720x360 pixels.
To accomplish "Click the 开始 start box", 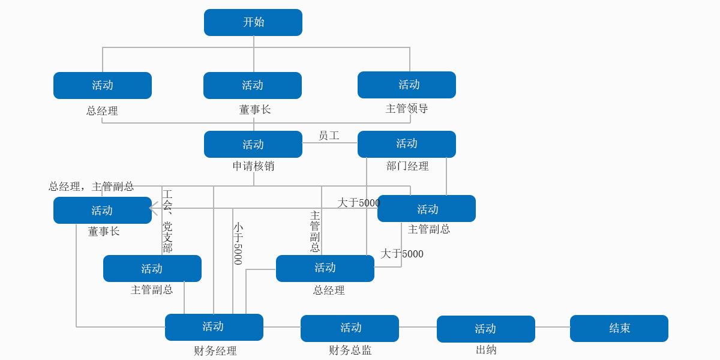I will (x=253, y=22).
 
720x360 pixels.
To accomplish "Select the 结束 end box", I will (x=619, y=328).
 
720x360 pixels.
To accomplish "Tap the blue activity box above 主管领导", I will (x=406, y=85).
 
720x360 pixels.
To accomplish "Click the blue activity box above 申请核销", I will (x=253, y=144).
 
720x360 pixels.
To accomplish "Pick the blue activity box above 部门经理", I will (x=406, y=144).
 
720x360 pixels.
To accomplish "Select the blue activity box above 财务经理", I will (x=214, y=327).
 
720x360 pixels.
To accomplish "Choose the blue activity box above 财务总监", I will (x=349, y=328).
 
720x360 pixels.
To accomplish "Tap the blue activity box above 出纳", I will (x=485, y=329).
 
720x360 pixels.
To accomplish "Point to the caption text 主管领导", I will (x=406, y=109).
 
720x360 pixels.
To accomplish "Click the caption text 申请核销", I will (x=253, y=166).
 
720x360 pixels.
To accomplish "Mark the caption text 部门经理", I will (x=407, y=166).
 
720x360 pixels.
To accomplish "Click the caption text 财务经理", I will (x=215, y=351).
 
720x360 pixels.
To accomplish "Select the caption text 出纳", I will (x=486, y=350).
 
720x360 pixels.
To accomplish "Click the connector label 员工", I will (x=328, y=136).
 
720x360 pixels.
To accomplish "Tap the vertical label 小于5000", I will (x=238, y=243).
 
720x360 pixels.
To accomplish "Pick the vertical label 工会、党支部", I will (x=167, y=221).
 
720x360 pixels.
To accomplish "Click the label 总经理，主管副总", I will (x=91, y=187).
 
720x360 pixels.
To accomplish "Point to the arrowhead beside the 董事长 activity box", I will (x=154, y=208).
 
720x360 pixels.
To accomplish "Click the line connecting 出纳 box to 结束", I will (x=552, y=327).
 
